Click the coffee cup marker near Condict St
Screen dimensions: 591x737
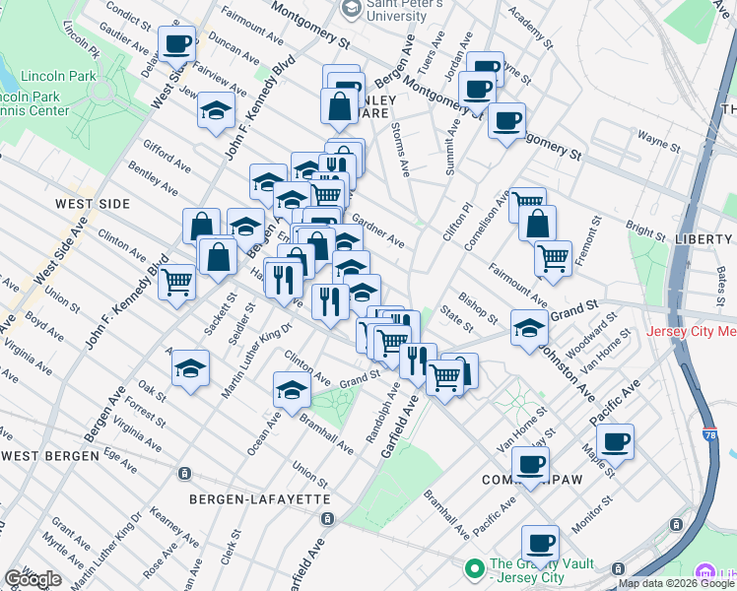[177, 44]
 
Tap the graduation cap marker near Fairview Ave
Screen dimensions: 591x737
[216, 111]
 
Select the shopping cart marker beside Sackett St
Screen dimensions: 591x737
[178, 282]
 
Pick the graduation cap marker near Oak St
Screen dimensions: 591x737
[191, 369]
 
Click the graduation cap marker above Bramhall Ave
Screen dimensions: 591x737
[292, 391]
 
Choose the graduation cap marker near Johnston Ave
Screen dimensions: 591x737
[530, 329]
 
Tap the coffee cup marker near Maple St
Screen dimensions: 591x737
[616, 441]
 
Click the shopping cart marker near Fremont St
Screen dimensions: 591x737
[554, 259]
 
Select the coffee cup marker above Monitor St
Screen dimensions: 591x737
[540, 543]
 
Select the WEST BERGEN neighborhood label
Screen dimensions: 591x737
[50, 456]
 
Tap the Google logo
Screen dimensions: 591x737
[33, 579]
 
